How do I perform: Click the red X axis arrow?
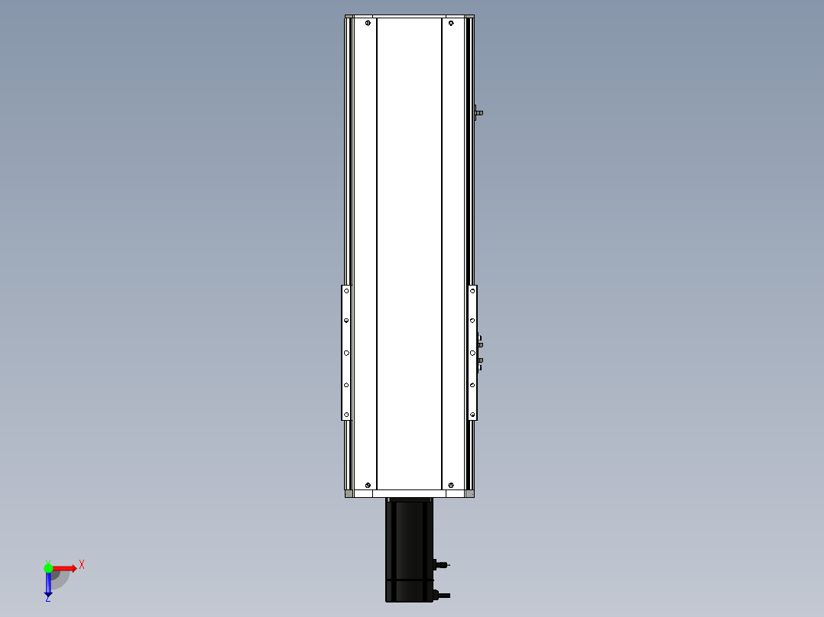point(65,567)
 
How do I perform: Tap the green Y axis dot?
point(48,567)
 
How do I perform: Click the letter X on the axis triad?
point(82,565)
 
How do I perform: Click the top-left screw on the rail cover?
point(368,24)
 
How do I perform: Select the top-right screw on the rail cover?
point(451,24)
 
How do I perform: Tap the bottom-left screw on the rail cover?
point(368,485)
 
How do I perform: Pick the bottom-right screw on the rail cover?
point(451,485)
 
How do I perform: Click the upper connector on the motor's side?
point(440,565)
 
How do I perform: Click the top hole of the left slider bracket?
point(345,290)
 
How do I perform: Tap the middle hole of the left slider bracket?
point(345,353)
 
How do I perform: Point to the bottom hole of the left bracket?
point(345,415)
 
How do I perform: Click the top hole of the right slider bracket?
point(472,290)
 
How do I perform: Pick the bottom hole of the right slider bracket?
point(472,415)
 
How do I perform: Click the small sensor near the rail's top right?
point(478,113)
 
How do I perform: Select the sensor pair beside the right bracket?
point(479,352)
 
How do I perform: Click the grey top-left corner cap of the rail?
point(349,17)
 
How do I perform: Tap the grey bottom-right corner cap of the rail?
point(470,494)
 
